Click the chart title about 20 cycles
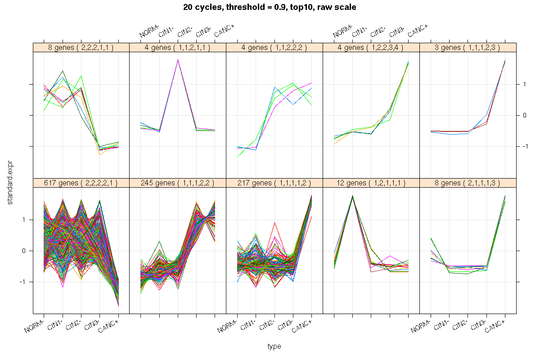[x=270, y=8]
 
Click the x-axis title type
[x=274, y=346]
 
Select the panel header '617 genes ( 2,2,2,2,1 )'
[x=81, y=183]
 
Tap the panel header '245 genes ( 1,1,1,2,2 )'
[x=177, y=183]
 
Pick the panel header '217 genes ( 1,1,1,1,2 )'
[x=274, y=183]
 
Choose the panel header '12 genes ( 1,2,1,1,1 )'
[x=371, y=183]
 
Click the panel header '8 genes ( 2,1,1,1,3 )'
[x=468, y=183]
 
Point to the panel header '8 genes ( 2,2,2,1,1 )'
[x=81, y=47]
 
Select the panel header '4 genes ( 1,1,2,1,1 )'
[x=177, y=47]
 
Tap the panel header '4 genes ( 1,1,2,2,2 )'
[x=274, y=47]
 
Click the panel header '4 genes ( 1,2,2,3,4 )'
[x=371, y=47]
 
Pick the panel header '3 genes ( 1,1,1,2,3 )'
[x=468, y=47]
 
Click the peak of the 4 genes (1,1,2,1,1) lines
[x=178, y=60]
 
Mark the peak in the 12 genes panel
[x=352, y=196]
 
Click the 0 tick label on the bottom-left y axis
[x=27, y=251]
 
